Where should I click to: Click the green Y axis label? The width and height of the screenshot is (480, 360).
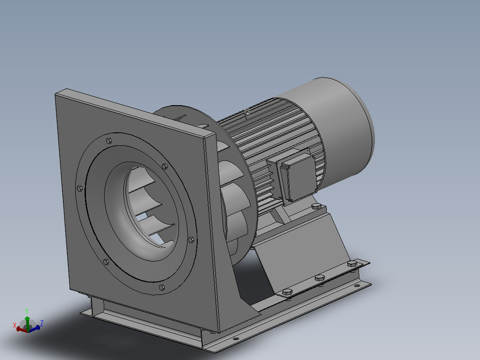point(27,311)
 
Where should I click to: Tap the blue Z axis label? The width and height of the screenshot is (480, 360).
point(42,323)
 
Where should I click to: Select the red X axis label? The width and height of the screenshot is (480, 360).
point(15,325)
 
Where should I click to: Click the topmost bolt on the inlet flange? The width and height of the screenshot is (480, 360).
point(109,141)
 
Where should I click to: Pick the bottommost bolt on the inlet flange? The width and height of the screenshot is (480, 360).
point(162,287)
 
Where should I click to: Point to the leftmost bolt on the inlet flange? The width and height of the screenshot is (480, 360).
point(80,188)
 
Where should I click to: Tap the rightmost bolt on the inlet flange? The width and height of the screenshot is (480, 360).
point(191,240)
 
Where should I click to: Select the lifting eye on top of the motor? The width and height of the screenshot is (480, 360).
point(248,112)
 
